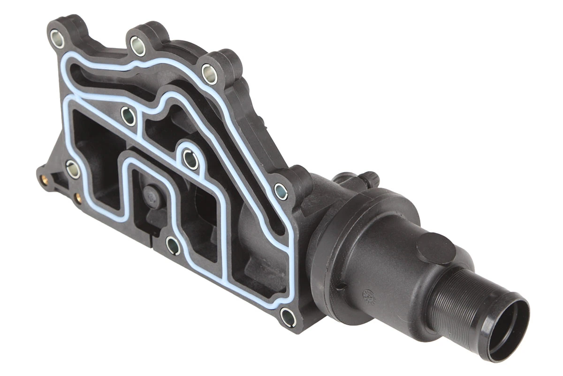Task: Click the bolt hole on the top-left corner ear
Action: (57, 39)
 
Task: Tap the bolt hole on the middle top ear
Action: (137, 46)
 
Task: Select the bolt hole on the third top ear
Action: (209, 74)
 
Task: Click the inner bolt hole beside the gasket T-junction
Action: (128, 116)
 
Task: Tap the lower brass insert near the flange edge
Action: (78, 198)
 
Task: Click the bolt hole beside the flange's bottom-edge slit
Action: (173, 245)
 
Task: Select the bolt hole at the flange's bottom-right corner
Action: (288, 317)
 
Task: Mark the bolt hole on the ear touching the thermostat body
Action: (281, 191)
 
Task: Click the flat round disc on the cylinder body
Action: (436, 248)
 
